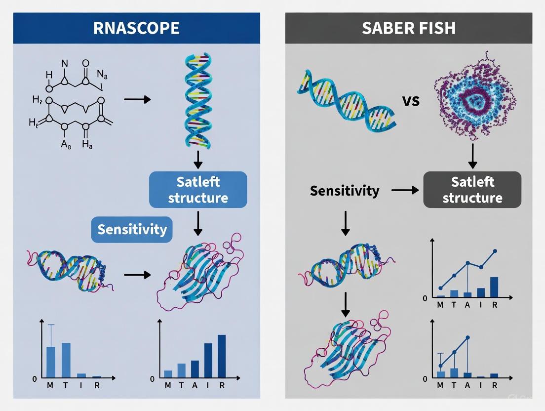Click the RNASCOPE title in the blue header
point(136,28)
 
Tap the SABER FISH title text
point(409,28)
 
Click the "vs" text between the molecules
point(411,101)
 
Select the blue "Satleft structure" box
point(198,190)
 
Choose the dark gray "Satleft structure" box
point(472,190)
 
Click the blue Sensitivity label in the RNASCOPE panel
point(132,229)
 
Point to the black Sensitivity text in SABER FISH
point(345,190)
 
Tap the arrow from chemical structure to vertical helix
point(137,99)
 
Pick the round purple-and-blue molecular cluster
point(474,96)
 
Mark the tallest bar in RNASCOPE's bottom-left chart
point(66,360)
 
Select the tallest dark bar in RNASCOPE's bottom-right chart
point(222,356)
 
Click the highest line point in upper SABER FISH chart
point(495,251)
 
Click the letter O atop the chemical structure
point(86,63)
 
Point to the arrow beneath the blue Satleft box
point(197,223)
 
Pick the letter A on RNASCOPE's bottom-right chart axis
point(195,386)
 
